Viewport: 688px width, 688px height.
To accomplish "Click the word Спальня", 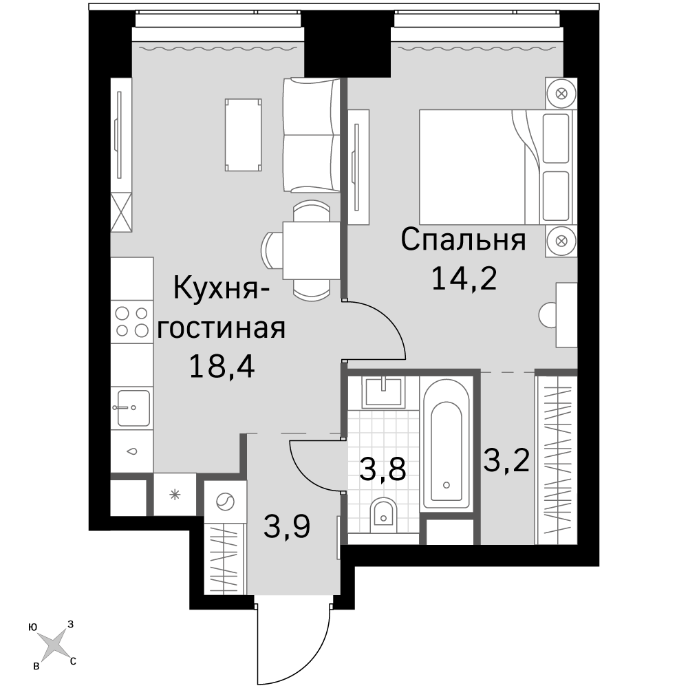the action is coord(463,240).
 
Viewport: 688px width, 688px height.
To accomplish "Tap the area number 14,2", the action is coord(464,279).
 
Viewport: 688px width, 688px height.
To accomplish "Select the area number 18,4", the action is coord(222,367).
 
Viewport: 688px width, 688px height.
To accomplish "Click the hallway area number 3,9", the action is coord(287,526).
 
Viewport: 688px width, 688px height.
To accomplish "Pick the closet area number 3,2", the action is coord(506,460).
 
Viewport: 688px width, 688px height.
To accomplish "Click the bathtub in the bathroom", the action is coord(447,444).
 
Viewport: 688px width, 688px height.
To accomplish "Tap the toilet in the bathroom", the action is coord(383,514).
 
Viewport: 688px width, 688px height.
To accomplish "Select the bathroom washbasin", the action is coord(383,391).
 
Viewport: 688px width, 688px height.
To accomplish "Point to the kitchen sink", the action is coord(131,407).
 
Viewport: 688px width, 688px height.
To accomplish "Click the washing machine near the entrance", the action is coord(226,502).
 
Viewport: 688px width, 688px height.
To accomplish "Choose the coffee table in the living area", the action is coord(244,135).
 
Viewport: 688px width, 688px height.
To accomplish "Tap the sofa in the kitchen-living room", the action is coord(312,135).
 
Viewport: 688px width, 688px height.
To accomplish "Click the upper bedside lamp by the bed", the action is coord(561,94).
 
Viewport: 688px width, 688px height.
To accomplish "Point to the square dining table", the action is coord(312,250).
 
